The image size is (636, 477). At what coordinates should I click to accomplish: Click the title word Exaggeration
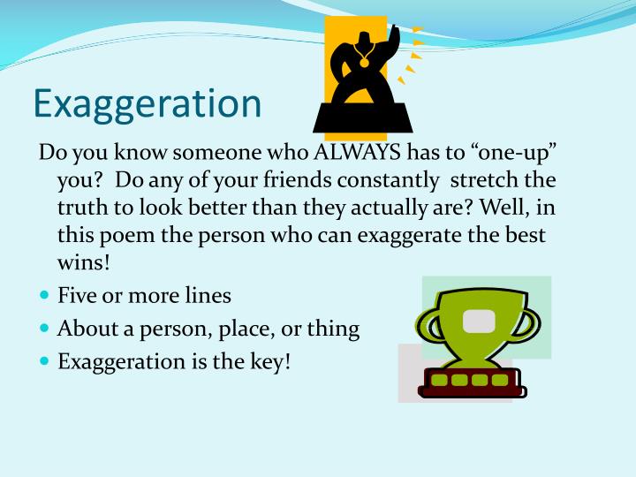click(x=147, y=104)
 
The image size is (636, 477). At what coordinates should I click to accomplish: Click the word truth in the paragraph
click(x=81, y=210)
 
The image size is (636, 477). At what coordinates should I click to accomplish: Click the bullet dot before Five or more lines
click(x=45, y=296)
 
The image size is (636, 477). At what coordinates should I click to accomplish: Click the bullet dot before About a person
click(x=45, y=329)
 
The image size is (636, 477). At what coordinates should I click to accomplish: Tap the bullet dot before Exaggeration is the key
click(x=45, y=361)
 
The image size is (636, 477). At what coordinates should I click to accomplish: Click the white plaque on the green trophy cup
click(x=480, y=320)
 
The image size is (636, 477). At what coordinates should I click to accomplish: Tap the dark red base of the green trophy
click(x=467, y=381)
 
